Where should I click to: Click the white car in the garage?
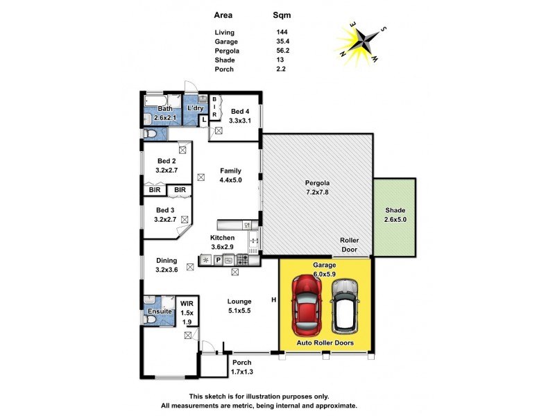click(345, 306)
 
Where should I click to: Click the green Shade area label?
click(395, 214)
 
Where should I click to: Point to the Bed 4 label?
click(241, 115)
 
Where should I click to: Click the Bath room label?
click(165, 113)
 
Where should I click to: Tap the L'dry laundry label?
click(195, 109)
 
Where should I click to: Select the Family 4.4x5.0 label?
click(230, 175)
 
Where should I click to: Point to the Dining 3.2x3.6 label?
click(166, 265)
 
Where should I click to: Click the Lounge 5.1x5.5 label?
click(239, 306)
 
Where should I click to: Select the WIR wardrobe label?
click(187, 312)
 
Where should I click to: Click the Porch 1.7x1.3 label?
click(241, 367)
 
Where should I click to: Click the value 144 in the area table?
click(282, 33)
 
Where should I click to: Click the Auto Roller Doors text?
click(325, 344)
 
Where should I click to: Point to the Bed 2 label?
click(166, 164)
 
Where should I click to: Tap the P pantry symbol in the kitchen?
click(217, 260)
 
